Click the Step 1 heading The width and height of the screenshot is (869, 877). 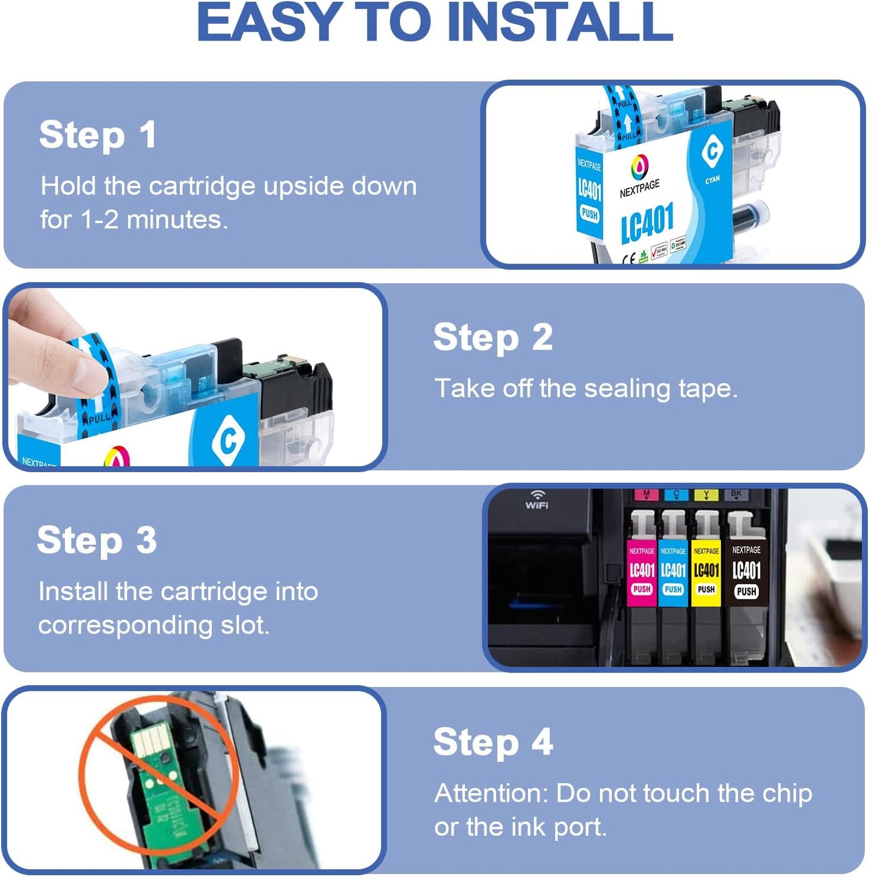pos(97,135)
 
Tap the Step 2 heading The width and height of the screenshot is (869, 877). pos(493,337)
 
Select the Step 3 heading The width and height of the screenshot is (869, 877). pos(97,540)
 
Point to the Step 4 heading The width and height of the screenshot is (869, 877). pos(493,742)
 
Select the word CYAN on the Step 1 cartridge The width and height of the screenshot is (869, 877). pos(712,180)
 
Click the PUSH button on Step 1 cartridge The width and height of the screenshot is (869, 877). pos(589,214)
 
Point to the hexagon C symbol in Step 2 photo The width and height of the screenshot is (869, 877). pos(228,440)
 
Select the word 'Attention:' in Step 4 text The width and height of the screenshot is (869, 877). pos(491,793)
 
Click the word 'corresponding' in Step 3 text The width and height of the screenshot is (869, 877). pos(125,626)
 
